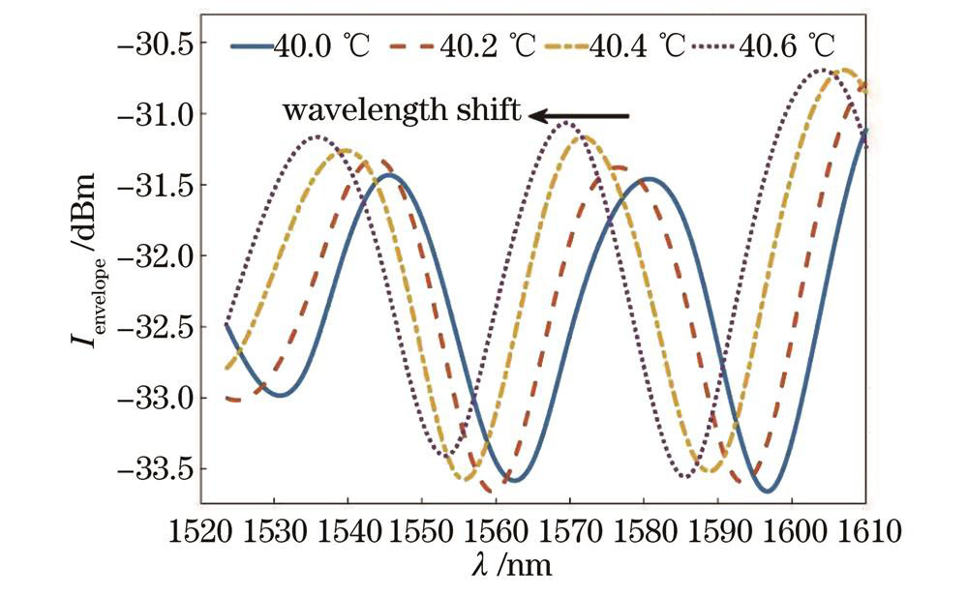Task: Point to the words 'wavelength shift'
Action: pyautogui.click(x=402, y=110)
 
